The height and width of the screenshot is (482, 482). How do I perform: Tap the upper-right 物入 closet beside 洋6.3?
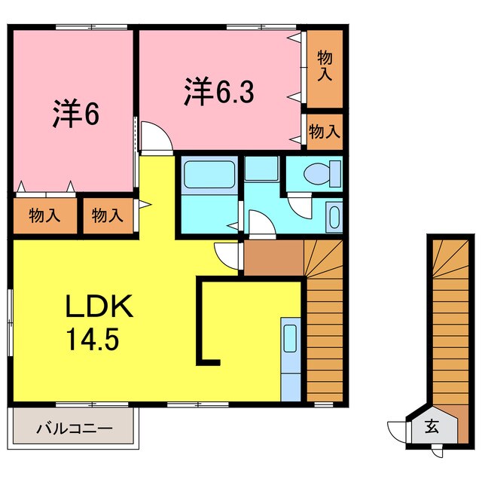point(325,66)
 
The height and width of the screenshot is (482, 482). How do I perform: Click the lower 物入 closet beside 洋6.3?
point(325,133)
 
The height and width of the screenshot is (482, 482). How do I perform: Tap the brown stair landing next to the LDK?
point(273,258)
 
